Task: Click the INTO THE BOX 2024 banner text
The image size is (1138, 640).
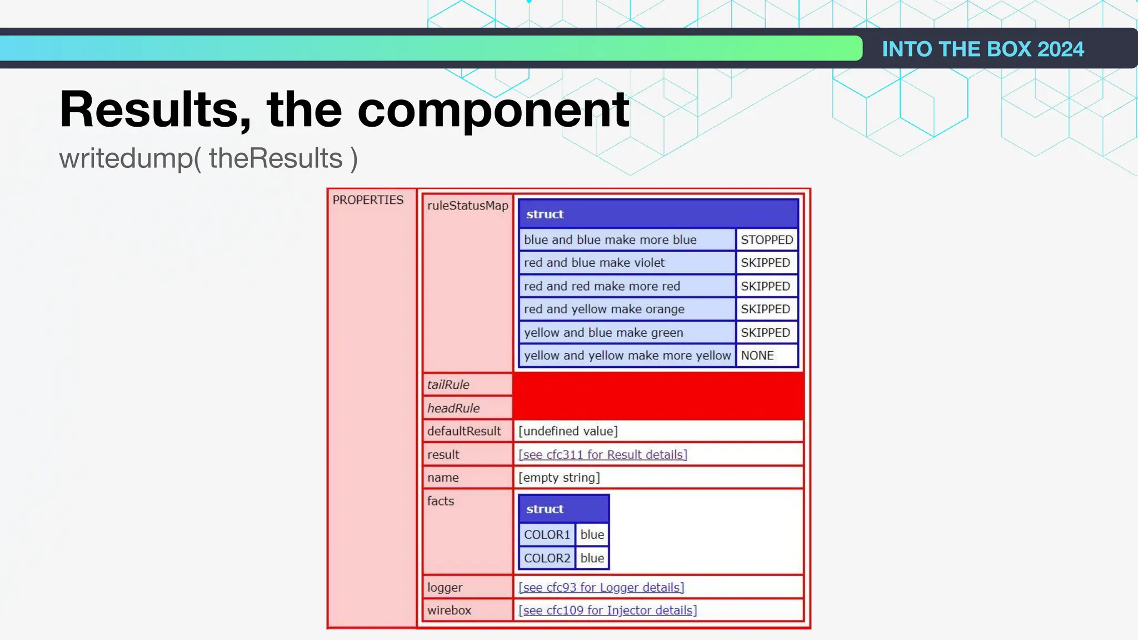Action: click(982, 49)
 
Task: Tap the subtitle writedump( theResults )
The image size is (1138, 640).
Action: click(208, 158)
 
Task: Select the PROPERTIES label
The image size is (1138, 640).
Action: click(368, 200)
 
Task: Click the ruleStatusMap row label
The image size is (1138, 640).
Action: click(467, 206)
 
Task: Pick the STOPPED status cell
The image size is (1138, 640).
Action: click(766, 239)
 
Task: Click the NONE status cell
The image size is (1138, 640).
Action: click(757, 356)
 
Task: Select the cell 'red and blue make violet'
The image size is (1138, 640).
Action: click(594, 263)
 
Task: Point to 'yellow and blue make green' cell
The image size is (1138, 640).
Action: click(603, 333)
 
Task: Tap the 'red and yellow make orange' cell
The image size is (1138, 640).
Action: click(604, 309)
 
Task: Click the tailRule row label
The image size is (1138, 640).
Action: click(448, 384)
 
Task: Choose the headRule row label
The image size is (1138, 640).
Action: click(453, 408)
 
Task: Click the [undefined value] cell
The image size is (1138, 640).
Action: click(568, 431)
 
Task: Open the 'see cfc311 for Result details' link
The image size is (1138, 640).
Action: click(602, 454)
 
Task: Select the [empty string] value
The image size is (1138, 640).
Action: click(559, 478)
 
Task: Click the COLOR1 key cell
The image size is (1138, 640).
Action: click(547, 534)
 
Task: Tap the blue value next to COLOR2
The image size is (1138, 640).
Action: click(592, 558)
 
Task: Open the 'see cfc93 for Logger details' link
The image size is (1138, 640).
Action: click(601, 587)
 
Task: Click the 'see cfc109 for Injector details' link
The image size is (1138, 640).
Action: click(607, 611)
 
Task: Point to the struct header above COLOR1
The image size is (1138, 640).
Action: click(563, 509)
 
